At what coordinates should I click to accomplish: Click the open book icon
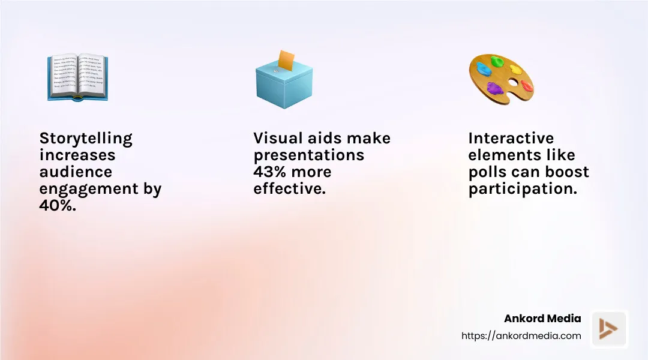[77, 77]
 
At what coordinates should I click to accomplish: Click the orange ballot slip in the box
[286, 61]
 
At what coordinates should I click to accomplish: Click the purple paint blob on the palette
[495, 89]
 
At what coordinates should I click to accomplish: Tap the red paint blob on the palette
[526, 86]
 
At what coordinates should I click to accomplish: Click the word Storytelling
[86, 138]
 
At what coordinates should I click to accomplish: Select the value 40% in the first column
[58, 205]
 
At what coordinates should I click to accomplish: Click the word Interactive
[511, 138]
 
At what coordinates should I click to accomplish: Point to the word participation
[522, 189]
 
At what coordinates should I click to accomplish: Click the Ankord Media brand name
[542, 318]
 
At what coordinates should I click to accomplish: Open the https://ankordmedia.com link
[521, 336]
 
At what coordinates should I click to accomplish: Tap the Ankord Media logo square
[609, 329]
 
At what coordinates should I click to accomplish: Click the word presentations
[308, 155]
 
